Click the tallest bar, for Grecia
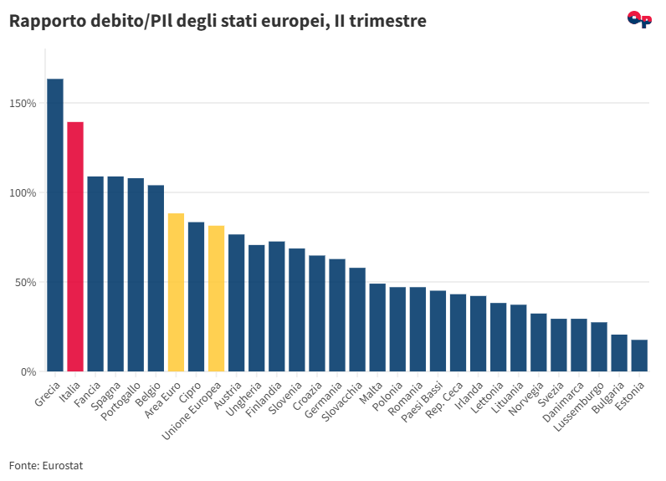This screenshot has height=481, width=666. tap(55, 225)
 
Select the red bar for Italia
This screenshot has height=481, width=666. tap(75, 247)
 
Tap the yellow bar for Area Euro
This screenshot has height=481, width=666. tap(176, 292)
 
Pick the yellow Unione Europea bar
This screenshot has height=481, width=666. tap(216, 299)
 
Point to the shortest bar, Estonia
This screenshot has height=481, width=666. tap(639, 356)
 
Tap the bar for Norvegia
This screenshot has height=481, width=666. tap(539, 342)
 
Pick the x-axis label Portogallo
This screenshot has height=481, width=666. tap(124, 399)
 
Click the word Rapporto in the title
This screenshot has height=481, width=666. tap(43, 21)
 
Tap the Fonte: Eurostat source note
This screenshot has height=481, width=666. tap(46, 465)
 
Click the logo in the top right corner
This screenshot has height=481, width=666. tap(639, 19)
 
